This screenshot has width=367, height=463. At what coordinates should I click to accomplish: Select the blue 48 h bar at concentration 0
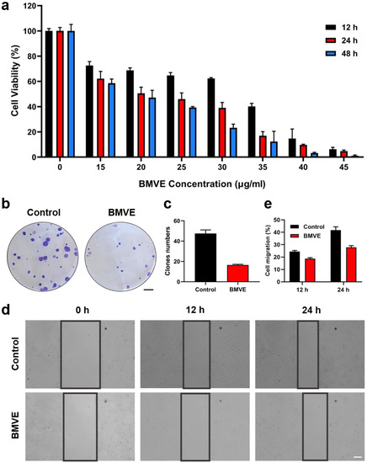pos(71,94)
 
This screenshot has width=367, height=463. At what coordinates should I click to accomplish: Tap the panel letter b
pos(7,203)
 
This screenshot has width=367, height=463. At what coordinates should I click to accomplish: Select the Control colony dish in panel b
pos(45,256)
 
